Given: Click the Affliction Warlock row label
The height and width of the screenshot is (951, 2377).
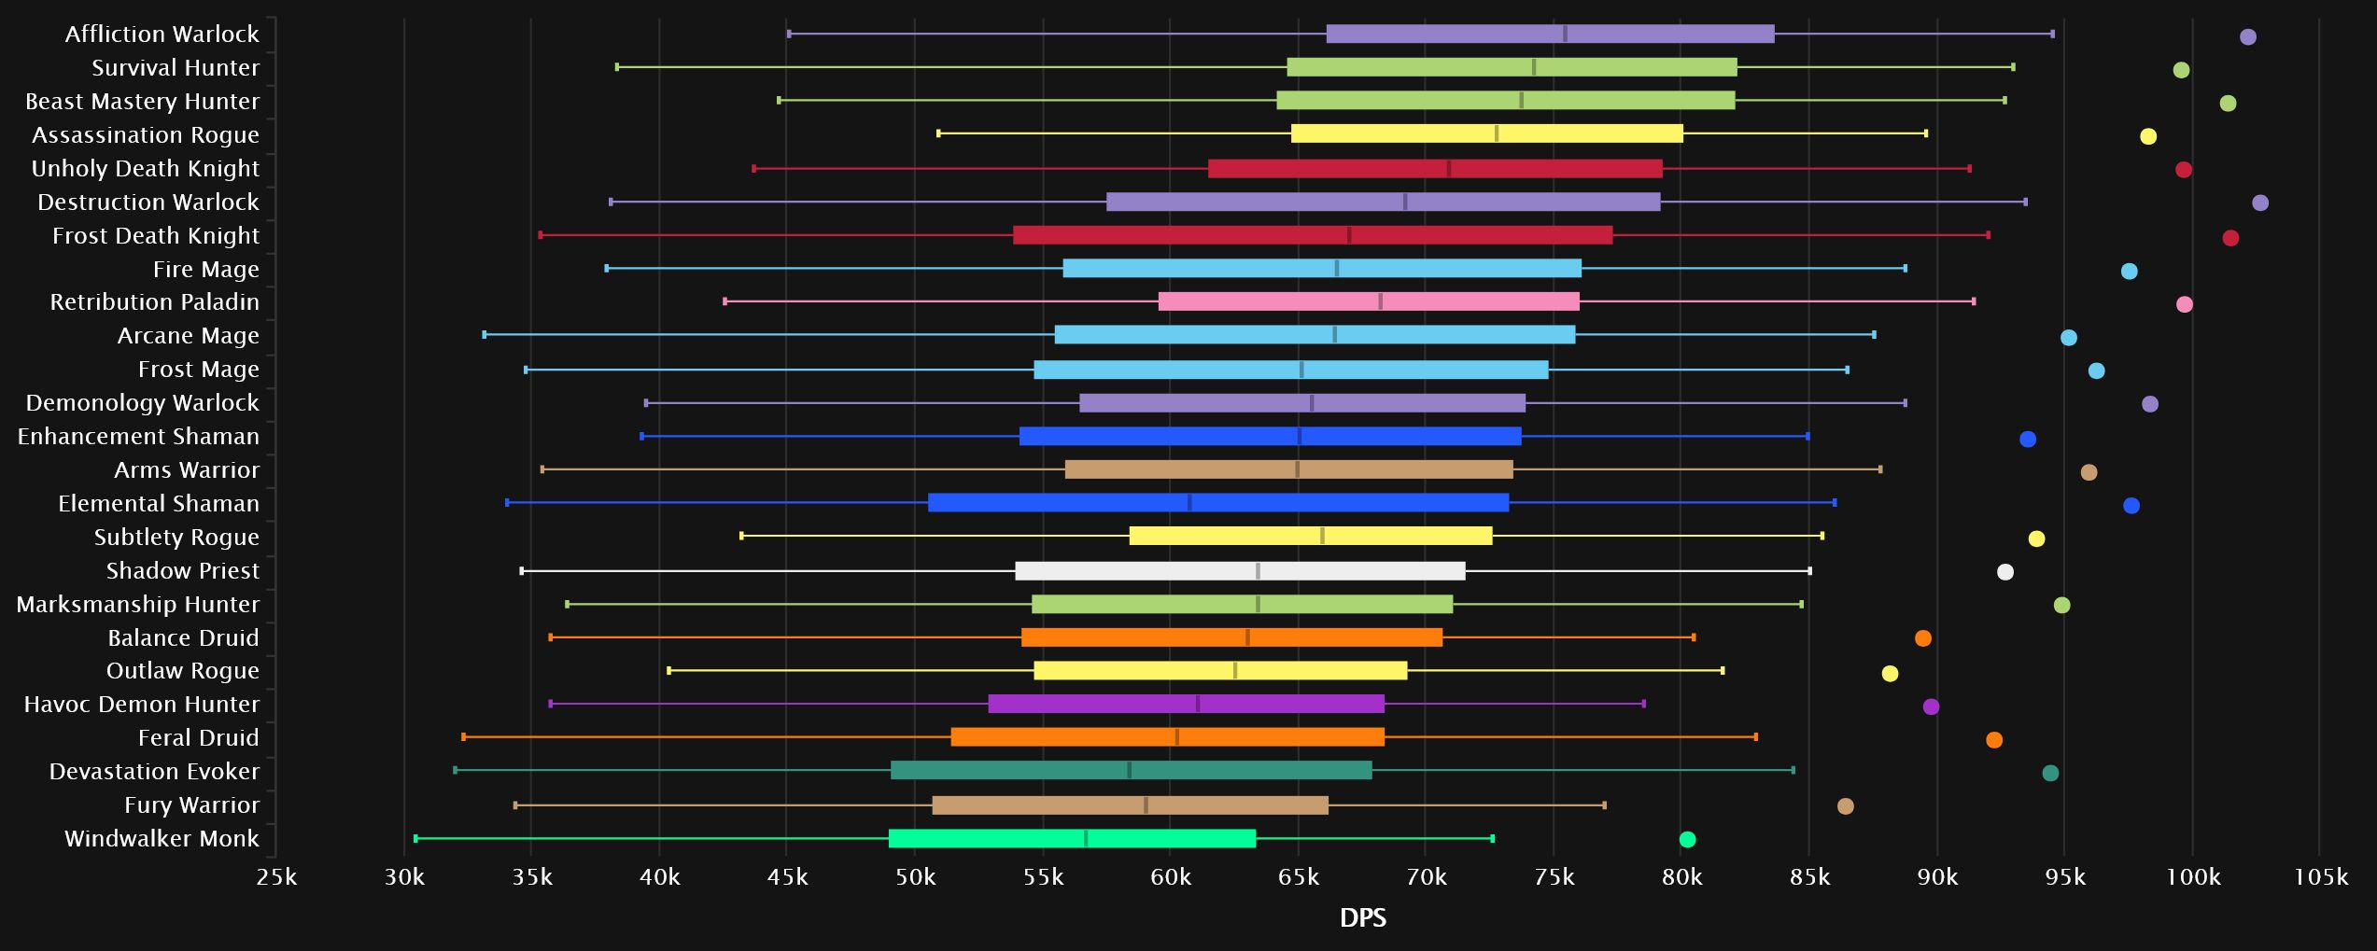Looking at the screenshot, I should coord(162,35).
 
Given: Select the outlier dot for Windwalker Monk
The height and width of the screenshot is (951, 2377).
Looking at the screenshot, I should coord(1687,839).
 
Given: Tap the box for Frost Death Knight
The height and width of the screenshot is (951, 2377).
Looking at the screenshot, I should coord(1312,235).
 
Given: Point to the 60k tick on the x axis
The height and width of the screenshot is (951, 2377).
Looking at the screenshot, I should coord(1170,877).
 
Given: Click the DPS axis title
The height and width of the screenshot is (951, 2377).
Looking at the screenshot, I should coord(1362,918).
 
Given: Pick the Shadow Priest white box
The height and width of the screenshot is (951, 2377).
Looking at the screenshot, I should coord(1240,571).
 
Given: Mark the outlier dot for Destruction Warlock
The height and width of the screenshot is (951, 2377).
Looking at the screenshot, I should coord(2260,203).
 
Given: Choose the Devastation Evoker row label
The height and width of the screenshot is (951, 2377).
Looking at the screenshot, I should coord(154,772).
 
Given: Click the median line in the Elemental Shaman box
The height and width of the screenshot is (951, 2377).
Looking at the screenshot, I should coord(1189,503).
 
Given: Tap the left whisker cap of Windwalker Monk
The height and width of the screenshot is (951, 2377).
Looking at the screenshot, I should coord(415,839).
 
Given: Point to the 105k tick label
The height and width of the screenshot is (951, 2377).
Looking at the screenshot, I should coord(2320,877).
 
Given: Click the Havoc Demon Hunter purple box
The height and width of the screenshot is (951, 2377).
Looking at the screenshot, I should coord(1186,704).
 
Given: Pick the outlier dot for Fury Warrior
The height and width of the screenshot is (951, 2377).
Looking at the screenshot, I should coord(1846,806).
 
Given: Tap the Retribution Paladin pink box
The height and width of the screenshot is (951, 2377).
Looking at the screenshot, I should coord(1369,301).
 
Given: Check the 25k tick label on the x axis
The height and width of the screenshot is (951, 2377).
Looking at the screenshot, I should coord(276,877).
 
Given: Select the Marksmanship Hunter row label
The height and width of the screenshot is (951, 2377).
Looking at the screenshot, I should coord(138,605).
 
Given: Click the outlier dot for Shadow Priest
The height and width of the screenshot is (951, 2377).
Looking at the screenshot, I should coord(2005,572).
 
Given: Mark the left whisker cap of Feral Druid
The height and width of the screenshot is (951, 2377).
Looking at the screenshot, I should coord(463,737).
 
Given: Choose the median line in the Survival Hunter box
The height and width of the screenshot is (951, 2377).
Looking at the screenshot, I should coord(1534,67).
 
